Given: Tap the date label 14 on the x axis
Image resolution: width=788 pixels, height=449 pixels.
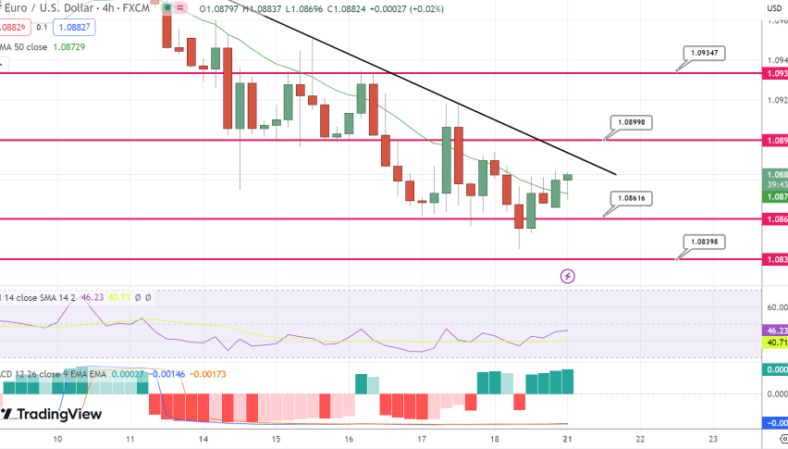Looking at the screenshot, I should tap(203, 439).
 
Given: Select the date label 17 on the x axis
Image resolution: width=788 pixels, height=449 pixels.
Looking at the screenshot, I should tap(422, 439).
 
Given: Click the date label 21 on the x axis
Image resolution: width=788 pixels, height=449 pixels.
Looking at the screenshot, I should tap(567, 439).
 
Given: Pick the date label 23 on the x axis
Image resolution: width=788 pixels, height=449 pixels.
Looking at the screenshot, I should tap(712, 439).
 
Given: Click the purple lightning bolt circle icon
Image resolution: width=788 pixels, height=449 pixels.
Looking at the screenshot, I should tap(568, 276).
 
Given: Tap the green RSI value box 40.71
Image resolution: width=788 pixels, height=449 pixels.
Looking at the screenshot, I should tap(774, 343).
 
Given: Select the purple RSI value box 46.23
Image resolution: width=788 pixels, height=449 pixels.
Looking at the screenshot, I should tap(774, 330).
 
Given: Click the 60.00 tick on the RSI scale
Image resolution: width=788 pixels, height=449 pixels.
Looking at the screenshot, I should tap(776, 307).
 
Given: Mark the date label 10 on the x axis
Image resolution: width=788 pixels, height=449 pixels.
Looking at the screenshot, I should tap(57, 439).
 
